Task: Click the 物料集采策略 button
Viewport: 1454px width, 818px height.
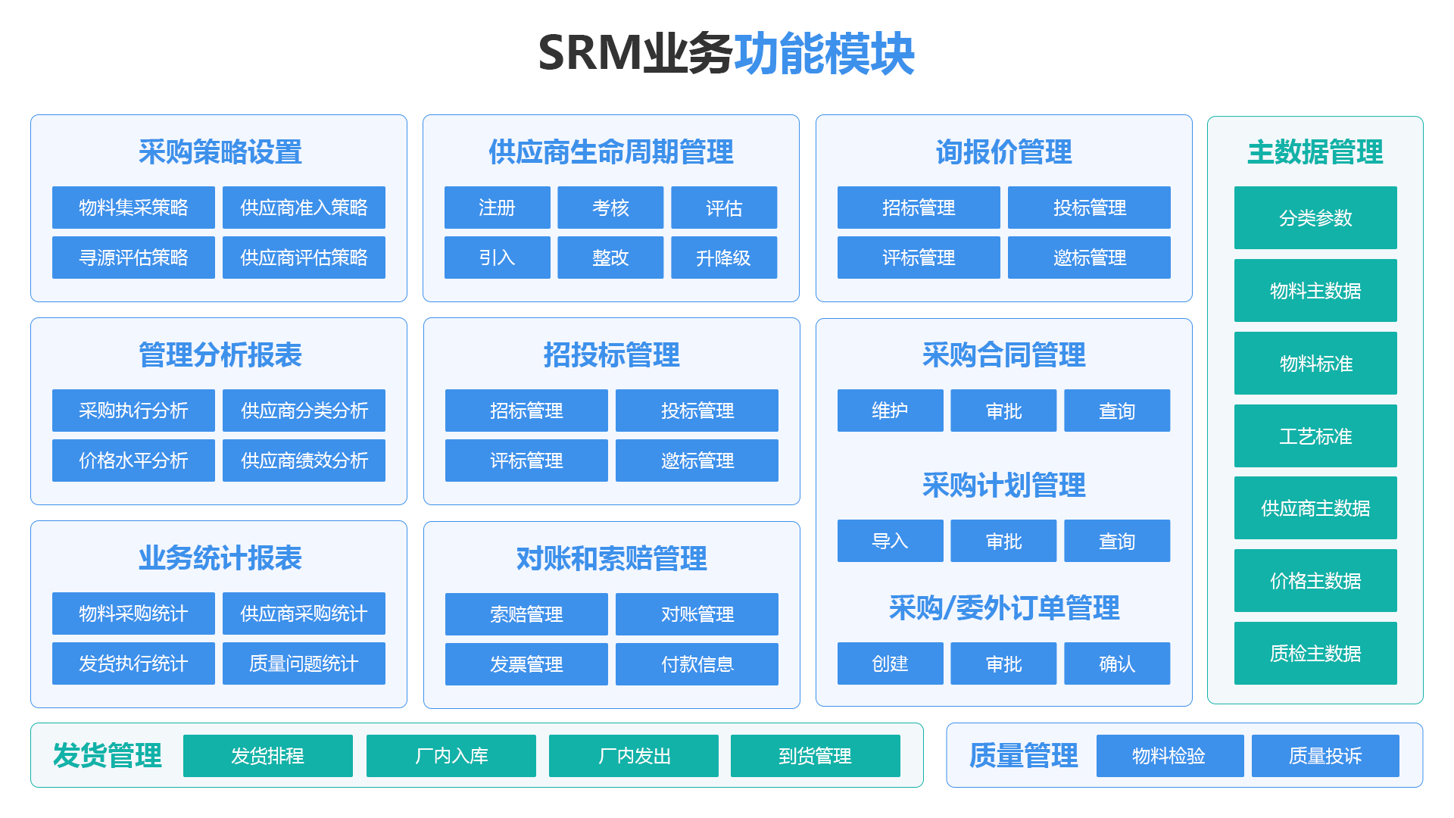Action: click(x=133, y=208)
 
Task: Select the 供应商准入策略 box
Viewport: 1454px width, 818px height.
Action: click(x=304, y=208)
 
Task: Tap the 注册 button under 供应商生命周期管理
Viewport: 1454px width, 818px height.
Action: click(x=497, y=208)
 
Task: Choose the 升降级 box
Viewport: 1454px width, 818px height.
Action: click(x=723, y=258)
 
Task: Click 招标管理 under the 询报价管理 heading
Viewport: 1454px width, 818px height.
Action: click(x=918, y=208)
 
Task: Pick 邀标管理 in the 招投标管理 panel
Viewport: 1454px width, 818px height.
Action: click(x=697, y=461)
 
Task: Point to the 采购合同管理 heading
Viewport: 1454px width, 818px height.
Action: click(x=1003, y=354)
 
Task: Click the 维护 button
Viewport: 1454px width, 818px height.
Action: click(x=890, y=411)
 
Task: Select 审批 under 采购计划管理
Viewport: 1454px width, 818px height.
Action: click(x=1003, y=541)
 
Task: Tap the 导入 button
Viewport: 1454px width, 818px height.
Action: click(x=890, y=541)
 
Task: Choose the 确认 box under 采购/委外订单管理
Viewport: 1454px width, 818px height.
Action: click(x=1117, y=663)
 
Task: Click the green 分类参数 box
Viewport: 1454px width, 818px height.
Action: click(x=1315, y=218)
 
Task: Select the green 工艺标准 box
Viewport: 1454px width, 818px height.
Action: click(x=1315, y=436)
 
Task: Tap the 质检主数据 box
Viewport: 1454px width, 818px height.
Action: click(x=1315, y=653)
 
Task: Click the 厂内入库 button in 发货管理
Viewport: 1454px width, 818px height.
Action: click(x=451, y=756)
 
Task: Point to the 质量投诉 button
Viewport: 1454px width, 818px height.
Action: click(x=1325, y=756)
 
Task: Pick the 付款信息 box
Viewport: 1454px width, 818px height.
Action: click(x=697, y=664)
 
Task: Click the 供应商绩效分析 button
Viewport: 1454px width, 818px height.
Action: click(x=304, y=461)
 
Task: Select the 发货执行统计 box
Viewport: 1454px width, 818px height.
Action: click(x=133, y=663)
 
